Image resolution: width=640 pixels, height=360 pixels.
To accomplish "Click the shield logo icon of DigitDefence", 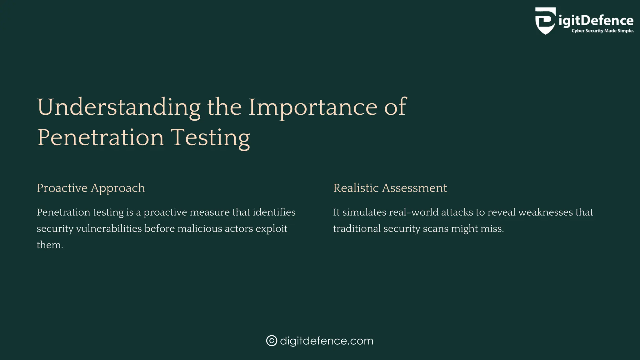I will [546, 21].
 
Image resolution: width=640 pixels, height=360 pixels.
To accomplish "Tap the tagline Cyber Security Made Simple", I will [602, 31].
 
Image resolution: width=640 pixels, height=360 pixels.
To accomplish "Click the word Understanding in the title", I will [119, 107].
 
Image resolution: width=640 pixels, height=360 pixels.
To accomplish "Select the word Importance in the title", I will [313, 107].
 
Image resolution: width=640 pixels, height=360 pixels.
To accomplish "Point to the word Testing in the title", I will [210, 137].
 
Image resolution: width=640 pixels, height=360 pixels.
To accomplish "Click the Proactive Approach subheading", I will [91, 188].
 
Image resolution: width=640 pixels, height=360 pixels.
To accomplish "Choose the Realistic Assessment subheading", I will [390, 188].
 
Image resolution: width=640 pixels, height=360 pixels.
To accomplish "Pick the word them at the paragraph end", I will [49, 245].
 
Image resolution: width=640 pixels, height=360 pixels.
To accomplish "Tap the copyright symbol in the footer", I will [272, 341].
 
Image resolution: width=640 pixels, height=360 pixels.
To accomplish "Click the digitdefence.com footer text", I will [327, 341].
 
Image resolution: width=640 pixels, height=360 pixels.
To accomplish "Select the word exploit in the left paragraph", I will [271, 228].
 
